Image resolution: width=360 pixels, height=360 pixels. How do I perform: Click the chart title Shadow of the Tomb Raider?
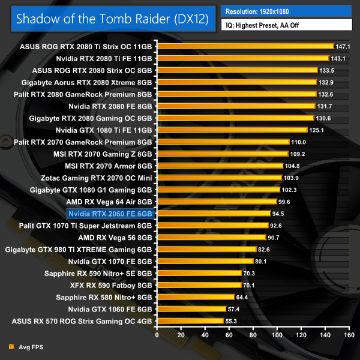[112, 18]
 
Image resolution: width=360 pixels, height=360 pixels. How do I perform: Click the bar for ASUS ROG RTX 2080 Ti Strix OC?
[245, 46]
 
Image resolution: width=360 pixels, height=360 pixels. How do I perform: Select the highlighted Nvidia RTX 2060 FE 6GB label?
[111, 213]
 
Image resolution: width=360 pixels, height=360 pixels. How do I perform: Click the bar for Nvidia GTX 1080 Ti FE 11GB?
[232, 130]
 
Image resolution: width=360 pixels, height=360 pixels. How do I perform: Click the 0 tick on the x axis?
[157, 335]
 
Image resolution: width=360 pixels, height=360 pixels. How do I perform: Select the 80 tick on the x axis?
[252, 335]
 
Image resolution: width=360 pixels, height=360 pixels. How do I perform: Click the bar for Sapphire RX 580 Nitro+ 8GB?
[195, 297]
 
